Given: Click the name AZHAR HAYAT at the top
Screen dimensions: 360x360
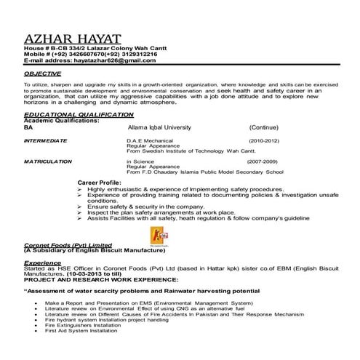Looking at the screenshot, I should (x=72, y=39).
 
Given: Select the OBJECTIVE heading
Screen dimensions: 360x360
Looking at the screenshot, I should (x=43, y=74).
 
